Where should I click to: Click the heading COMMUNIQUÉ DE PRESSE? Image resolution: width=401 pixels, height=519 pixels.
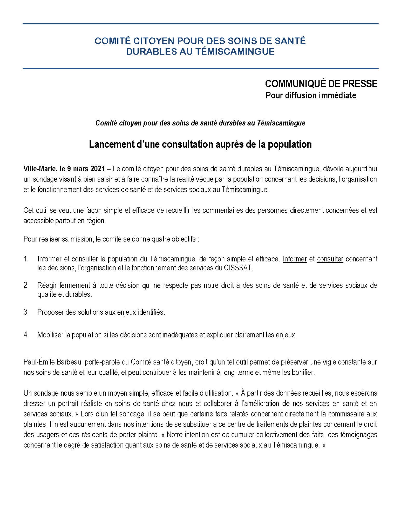(321, 84)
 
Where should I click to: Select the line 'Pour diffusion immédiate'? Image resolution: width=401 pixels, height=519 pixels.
(311, 96)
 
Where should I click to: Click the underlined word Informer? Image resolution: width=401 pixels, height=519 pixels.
(295, 259)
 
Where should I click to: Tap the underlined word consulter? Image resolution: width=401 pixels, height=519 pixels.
(330, 259)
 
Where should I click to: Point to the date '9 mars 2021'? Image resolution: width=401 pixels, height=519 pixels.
(86, 169)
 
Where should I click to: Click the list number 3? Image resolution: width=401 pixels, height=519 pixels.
(26, 312)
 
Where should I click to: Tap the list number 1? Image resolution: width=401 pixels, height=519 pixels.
(26, 259)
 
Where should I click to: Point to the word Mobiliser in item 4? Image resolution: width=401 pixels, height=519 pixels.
(51, 335)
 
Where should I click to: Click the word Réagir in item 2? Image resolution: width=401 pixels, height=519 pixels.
(46, 285)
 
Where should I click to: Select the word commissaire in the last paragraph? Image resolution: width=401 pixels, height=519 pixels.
(347, 414)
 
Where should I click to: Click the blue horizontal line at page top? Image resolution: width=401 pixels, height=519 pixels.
(200, 24)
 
